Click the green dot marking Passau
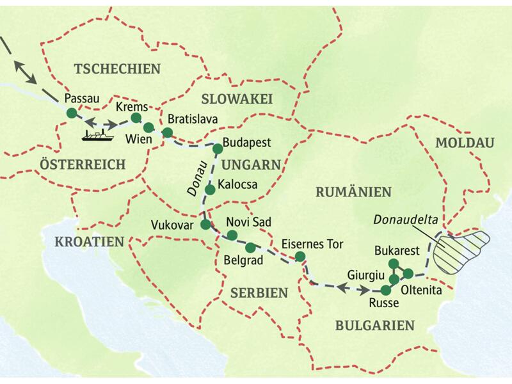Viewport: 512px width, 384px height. tap(72, 113)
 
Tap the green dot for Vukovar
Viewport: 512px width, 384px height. tap(205, 225)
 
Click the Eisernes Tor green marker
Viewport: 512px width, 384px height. tap(300, 257)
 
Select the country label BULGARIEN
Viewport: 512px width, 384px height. tap(374, 326)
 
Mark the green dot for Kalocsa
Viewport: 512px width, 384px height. tap(209, 189)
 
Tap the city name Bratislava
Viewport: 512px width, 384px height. tap(193, 120)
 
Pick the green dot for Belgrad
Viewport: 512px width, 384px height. tap(251, 247)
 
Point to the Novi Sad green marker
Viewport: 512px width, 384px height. tap(232, 236)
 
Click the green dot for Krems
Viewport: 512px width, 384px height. tap(136, 118)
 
